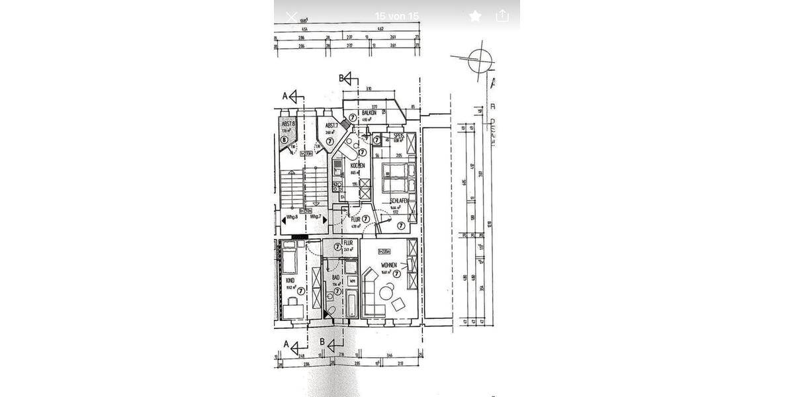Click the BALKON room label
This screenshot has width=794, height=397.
pyautogui.click(x=369, y=113)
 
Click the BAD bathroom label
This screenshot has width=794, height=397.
pyautogui.click(x=335, y=278)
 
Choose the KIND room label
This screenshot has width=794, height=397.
pyautogui.click(x=289, y=280)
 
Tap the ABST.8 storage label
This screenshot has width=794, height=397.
pyautogui.click(x=287, y=124)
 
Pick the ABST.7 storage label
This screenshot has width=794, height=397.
pyautogui.click(x=331, y=125)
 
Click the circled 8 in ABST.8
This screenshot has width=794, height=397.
pyautogui.click(x=284, y=140)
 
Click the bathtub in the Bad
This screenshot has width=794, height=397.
pyautogui.click(x=352, y=304)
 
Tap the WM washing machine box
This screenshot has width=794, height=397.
pyautogui.click(x=352, y=281)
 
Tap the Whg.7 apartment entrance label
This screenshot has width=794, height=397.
pyautogui.click(x=315, y=216)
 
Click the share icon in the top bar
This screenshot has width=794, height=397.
pyautogui.click(x=502, y=16)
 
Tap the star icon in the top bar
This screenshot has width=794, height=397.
pyautogui.click(x=474, y=16)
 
